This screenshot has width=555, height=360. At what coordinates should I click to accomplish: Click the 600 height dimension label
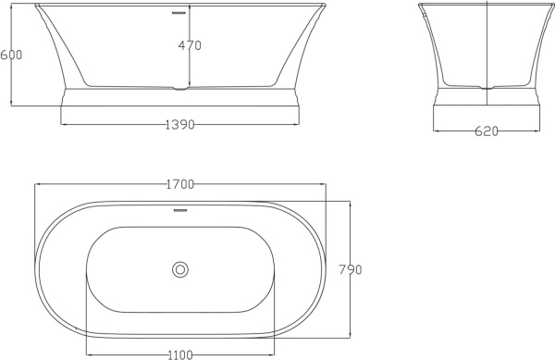tap(11, 55)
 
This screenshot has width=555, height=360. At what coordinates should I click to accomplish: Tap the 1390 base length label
tap(180, 124)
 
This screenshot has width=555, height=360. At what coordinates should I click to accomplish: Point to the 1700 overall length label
tap(179, 184)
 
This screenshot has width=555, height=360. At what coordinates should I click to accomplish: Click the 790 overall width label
tap(349, 270)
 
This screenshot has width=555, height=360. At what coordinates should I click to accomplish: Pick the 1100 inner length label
tap(180, 354)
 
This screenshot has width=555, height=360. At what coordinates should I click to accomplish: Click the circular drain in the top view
tap(180, 269)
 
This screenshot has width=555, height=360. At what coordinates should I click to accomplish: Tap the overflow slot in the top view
tap(180, 210)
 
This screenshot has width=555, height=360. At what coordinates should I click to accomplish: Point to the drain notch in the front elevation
tap(180, 89)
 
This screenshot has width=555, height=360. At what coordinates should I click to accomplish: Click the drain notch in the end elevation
tap(487, 87)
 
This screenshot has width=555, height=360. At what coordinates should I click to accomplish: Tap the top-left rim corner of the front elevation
tap(37, 6)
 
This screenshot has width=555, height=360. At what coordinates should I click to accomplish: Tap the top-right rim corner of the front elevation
tap(325, 6)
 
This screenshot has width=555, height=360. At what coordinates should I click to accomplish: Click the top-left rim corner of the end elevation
tap(420, 6)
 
